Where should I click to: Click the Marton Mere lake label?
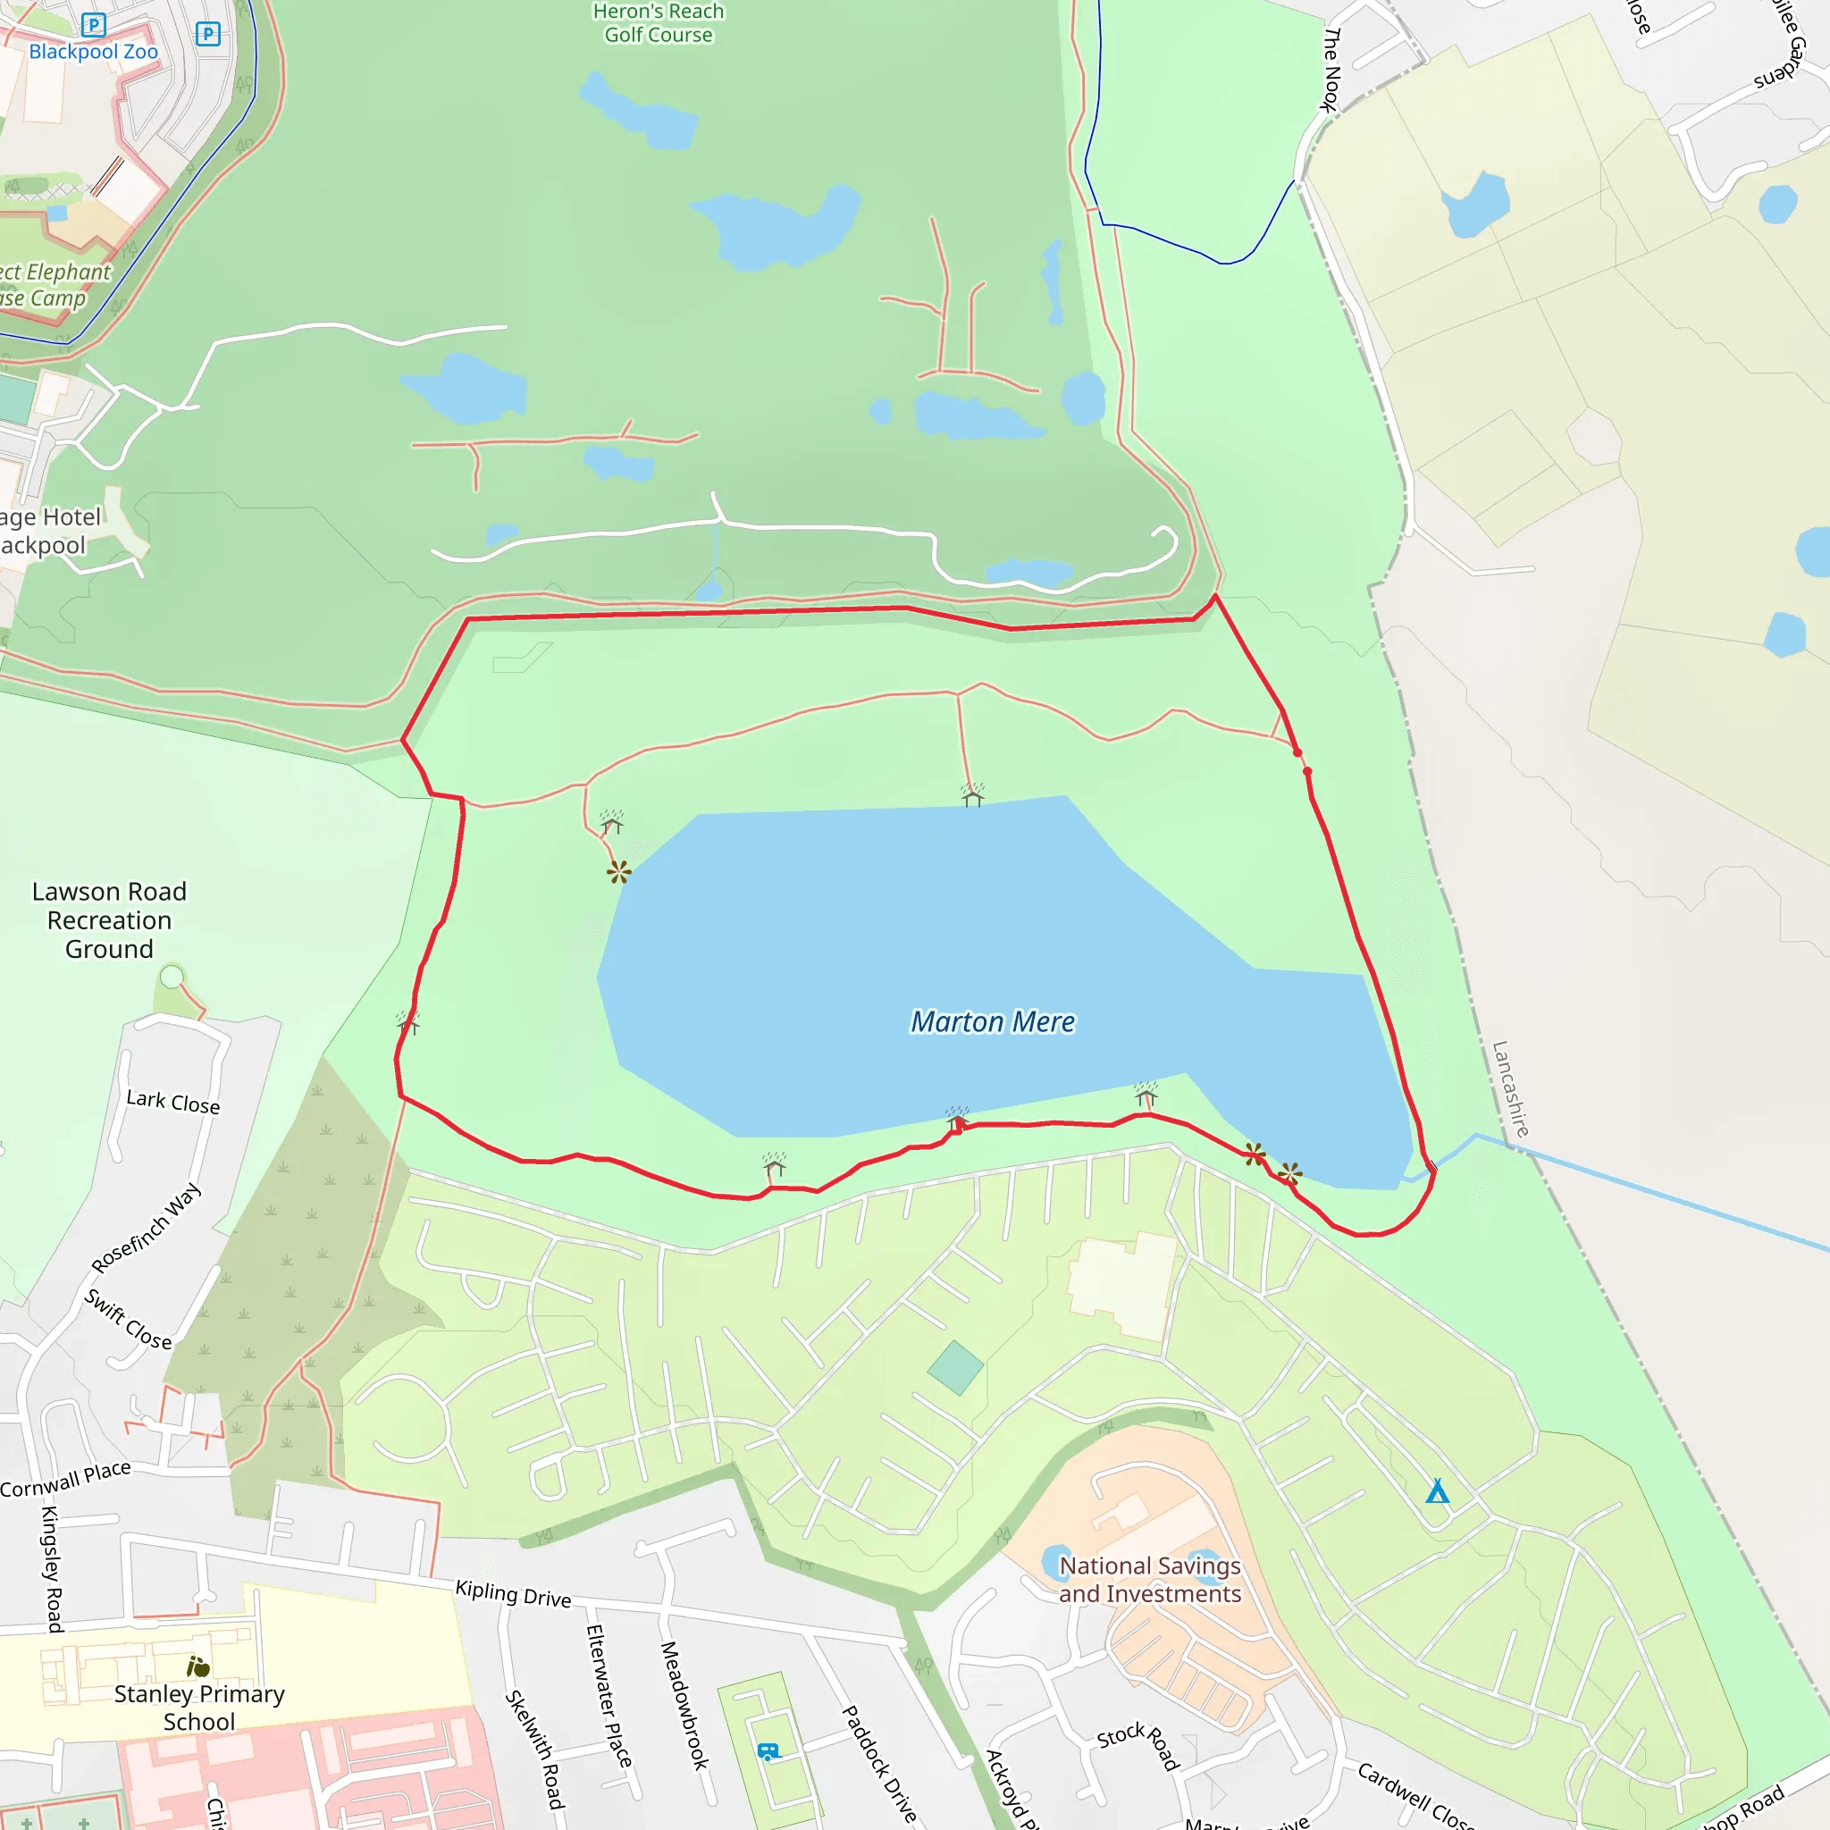(992, 1022)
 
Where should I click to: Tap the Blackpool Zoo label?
(93, 52)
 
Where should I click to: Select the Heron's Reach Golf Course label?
(659, 24)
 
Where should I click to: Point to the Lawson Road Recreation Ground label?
(109, 919)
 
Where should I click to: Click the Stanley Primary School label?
(199, 1707)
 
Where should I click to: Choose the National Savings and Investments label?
(1149, 1579)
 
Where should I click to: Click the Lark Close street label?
(173, 1102)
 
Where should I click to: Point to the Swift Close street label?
(129, 1320)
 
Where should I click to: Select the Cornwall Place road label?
(65, 1479)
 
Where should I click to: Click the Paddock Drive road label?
(879, 1764)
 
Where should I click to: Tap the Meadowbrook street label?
(684, 1705)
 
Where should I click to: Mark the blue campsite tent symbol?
(1437, 1492)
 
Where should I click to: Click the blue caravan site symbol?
(768, 1751)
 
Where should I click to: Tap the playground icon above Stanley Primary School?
(198, 1666)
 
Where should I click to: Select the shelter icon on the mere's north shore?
(972, 795)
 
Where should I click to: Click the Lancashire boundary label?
(1510, 1088)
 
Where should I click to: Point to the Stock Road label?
(1138, 1745)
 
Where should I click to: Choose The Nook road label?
(1331, 69)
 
